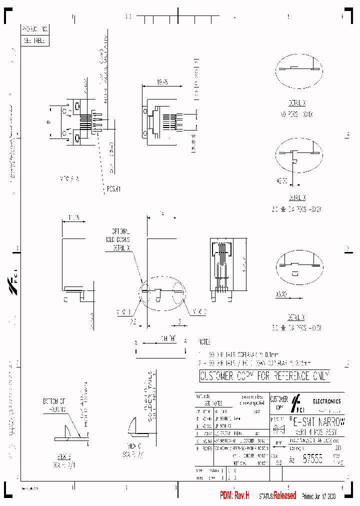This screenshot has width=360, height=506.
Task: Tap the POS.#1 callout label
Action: pyautogui.click(x=114, y=189)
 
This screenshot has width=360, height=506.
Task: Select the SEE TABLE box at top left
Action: pyautogui.click(x=33, y=41)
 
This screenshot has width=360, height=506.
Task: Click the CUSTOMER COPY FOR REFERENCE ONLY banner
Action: pyautogui.click(x=264, y=376)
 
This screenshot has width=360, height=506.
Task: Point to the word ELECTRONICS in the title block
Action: pyautogui.click(x=327, y=401)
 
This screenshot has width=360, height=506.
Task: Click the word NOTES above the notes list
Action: pyautogui.click(x=205, y=342)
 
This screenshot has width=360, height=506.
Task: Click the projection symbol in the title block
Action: pyautogui.click(x=276, y=429)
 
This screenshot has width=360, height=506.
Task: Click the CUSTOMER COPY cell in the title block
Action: pyautogui.click(x=278, y=401)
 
